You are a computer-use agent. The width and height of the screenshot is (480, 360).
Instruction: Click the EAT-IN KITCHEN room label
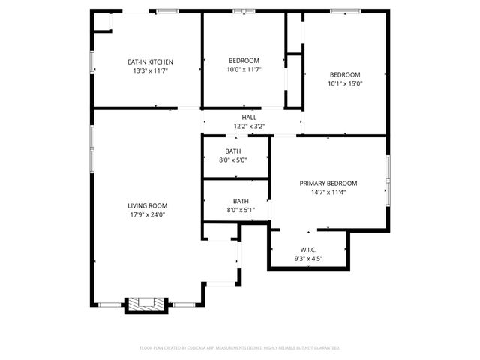150,61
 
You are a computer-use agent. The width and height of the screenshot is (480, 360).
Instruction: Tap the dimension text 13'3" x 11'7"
150,70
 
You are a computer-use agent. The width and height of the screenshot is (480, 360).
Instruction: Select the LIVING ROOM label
147,205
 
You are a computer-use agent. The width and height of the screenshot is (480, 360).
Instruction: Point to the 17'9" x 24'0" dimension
147,214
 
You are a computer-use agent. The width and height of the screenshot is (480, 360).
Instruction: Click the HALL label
249,118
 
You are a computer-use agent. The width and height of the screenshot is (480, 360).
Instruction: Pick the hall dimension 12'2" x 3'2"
249,126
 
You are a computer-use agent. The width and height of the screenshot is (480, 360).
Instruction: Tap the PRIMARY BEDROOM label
328,184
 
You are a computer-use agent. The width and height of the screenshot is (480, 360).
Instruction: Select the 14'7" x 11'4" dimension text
328,193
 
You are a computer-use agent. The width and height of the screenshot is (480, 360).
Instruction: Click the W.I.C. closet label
308,250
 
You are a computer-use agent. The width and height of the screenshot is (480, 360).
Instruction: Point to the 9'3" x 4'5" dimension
308,259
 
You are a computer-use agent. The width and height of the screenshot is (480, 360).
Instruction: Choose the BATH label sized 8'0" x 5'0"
232,151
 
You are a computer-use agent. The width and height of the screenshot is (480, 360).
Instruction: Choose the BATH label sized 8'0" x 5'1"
241,201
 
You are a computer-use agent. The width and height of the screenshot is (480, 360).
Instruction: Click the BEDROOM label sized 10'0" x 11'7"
244,61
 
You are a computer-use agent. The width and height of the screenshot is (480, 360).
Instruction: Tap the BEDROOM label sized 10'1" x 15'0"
346,74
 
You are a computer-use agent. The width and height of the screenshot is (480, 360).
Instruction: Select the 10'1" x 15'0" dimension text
346,83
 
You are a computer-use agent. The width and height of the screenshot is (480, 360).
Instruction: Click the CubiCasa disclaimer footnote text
240,348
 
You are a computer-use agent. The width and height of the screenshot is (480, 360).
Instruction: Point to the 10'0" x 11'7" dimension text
244,70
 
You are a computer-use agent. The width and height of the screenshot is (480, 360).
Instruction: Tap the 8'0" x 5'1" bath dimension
241,210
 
